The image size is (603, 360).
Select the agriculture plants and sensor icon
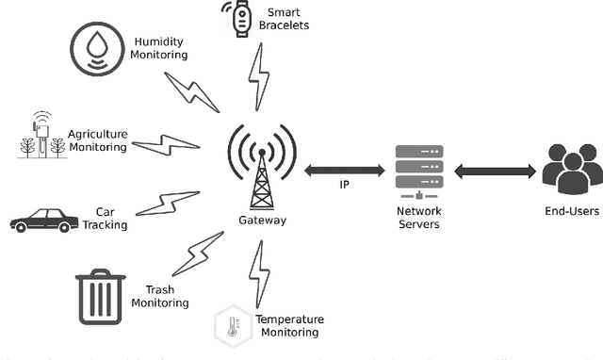click(x=41, y=135)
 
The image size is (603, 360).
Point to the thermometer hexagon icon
click(x=231, y=325)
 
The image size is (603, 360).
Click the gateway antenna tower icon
click(x=261, y=166)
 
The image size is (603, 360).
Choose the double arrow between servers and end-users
click(x=496, y=172)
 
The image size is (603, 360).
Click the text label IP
click(x=345, y=186)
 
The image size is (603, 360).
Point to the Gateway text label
click(x=262, y=221)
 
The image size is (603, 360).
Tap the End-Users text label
click(x=572, y=212)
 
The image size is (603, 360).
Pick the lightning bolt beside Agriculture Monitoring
click(x=166, y=144)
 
